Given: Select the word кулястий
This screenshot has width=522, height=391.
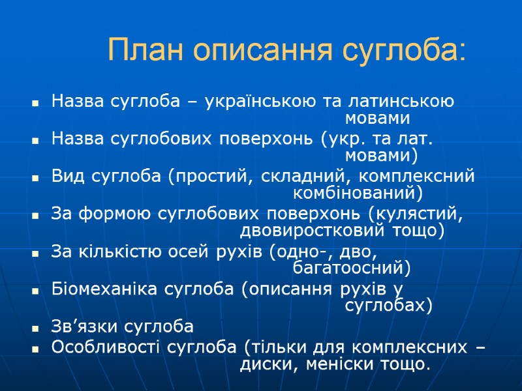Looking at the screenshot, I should (418, 214).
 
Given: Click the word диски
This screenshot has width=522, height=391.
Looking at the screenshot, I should (263, 364).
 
